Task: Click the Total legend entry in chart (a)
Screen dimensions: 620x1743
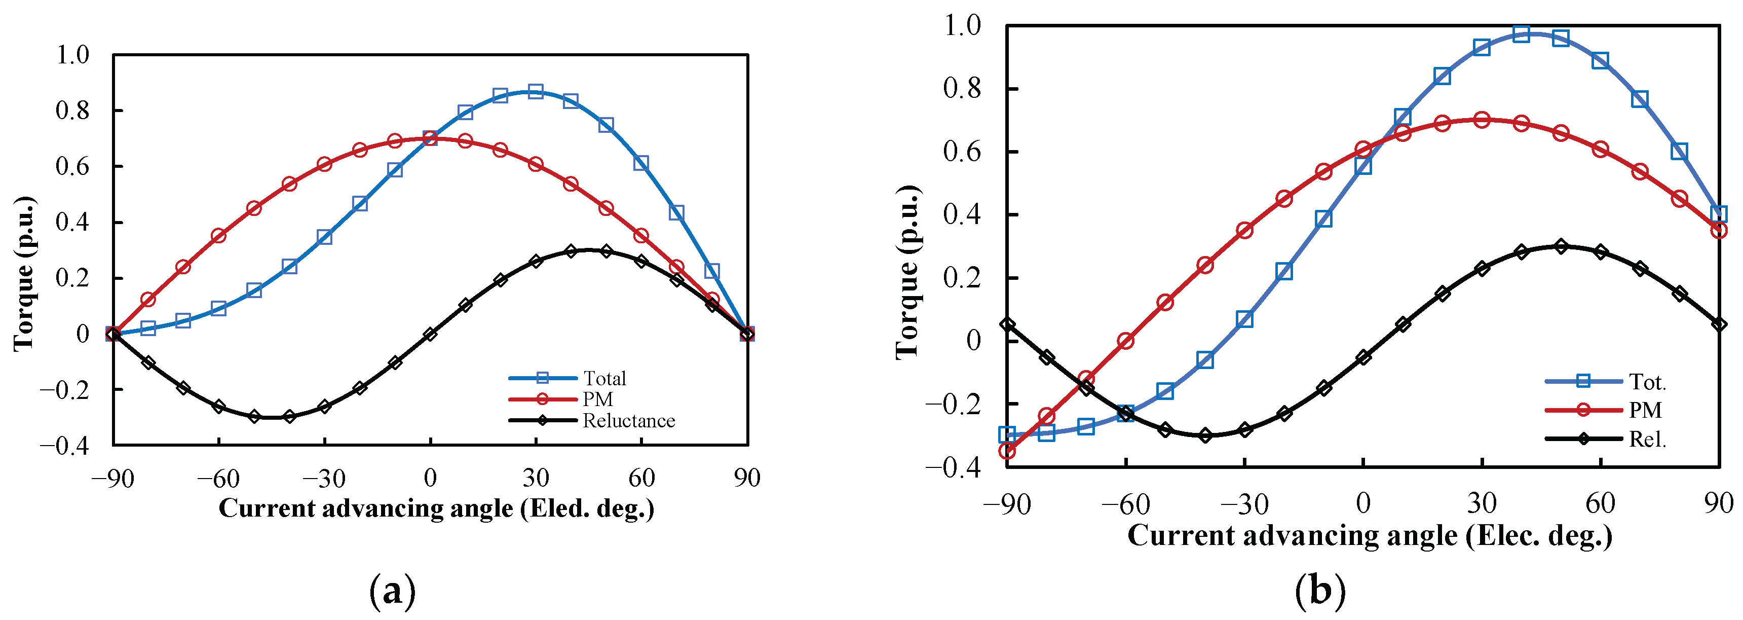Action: [x=604, y=378]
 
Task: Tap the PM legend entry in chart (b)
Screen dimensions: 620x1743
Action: [x=1644, y=410]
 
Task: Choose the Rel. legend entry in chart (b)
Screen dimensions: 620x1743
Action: [x=1646, y=440]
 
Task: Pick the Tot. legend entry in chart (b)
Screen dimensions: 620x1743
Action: [x=1646, y=382]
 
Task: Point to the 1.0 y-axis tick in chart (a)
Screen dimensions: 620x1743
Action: [x=72, y=55]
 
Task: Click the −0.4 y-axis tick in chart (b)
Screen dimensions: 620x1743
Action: [x=952, y=466]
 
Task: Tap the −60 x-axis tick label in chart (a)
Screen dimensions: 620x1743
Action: [x=218, y=479]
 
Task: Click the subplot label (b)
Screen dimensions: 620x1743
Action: [x=1319, y=591]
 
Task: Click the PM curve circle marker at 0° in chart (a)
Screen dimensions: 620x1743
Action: [x=430, y=138]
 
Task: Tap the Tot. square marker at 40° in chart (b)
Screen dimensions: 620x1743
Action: [x=1521, y=34]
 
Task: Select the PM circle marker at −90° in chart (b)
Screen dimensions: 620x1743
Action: [x=1007, y=450]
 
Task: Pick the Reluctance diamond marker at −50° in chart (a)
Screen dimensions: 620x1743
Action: [x=254, y=416]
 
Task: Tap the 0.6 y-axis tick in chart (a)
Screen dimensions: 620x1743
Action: [x=72, y=166]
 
